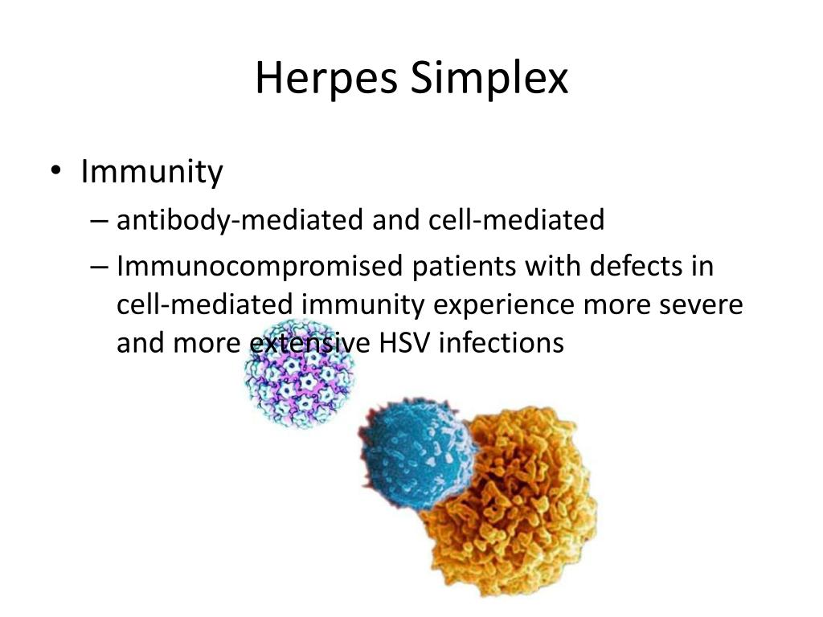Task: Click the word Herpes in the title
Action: click(326, 79)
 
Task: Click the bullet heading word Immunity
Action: click(152, 172)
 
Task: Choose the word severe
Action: click(701, 305)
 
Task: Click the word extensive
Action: click(309, 343)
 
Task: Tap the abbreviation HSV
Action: click(403, 343)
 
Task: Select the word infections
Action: click(502, 343)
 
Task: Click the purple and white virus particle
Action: click(300, 373)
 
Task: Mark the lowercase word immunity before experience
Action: click(363, 305)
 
